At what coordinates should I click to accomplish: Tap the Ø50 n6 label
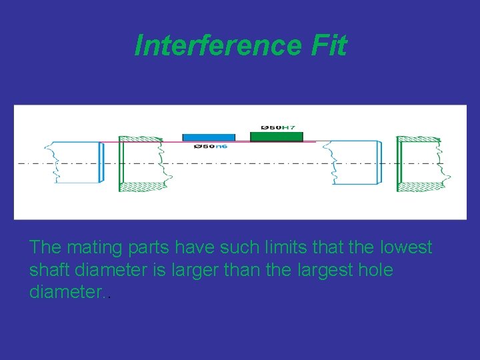point(210,146)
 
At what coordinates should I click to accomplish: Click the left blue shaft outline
point(77,162)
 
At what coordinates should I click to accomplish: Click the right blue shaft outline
point(357,162)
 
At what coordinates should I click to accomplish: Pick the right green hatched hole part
point(421,163)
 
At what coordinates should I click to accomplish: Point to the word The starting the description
point(45,247)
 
